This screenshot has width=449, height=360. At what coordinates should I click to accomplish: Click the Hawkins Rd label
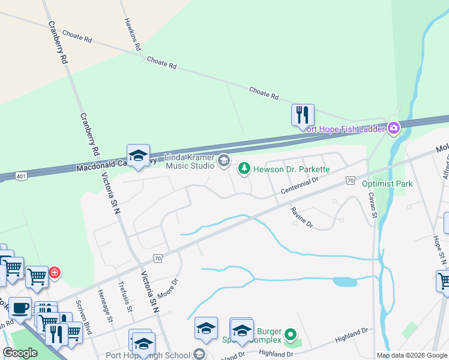[132, 34]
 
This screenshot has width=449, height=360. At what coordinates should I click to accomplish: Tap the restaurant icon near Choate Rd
[303, 114]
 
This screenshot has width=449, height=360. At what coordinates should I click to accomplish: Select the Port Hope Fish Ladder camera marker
[394, 128]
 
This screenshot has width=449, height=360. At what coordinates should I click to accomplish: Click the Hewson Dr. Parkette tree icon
[244, 169]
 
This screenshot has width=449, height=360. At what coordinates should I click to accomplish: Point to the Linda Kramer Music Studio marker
[224, 160]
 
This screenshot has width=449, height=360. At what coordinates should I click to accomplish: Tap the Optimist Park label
[387, 184]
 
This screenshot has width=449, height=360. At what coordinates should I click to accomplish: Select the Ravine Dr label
[302, 217]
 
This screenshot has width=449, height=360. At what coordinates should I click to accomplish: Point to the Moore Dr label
[169, 289]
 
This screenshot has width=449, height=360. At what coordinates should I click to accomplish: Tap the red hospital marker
[55, 273]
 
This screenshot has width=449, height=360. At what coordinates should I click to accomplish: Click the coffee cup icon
[20, 308]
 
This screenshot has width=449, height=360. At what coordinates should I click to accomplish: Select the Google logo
[20, 353]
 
